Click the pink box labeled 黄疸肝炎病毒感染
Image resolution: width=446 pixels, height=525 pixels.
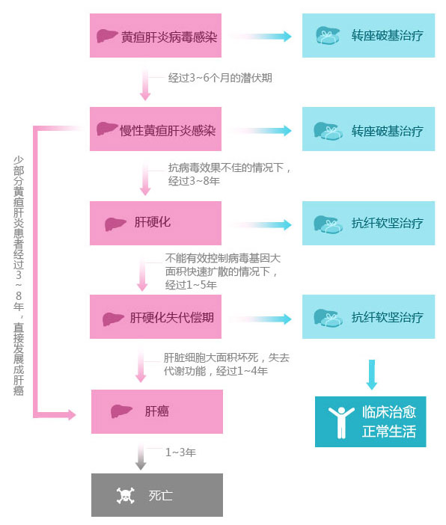(x=156, y=35)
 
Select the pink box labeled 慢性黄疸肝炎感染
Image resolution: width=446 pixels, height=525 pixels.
(x=156, y=129)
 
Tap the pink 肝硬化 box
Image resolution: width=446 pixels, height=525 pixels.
(x=156, y=223)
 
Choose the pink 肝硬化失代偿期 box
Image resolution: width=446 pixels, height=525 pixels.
(x=156, y=317)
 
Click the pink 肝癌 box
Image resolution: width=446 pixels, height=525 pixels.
(x=157, y=411)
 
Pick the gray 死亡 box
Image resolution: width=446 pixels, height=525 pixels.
(x=157, y=495)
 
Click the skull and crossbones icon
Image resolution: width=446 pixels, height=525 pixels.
(x=126, y=496)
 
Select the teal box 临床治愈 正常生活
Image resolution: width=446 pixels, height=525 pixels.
(x=370, y=422)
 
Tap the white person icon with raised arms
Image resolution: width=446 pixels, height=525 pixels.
(x=341, y=423)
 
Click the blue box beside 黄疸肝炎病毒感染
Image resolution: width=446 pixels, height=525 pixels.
(x=369, y=35)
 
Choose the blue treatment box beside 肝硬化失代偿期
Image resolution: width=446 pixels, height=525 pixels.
(x=369, y=317)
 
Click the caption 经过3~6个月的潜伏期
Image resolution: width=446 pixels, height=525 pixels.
(x=220, y=78)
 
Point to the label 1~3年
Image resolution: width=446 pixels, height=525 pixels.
(x=180, y=452)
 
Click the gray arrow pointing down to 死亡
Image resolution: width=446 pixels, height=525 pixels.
(x=141, y=457)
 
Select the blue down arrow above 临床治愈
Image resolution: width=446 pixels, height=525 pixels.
(x=372, y=375)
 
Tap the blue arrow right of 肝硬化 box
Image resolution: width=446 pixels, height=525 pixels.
(x=261, y=224)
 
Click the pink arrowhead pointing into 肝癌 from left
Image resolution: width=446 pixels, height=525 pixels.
(x=72, y=415)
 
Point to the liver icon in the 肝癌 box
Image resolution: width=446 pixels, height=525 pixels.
(x=121, y=411)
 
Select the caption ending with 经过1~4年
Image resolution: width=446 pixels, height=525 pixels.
(x=226, y=364)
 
